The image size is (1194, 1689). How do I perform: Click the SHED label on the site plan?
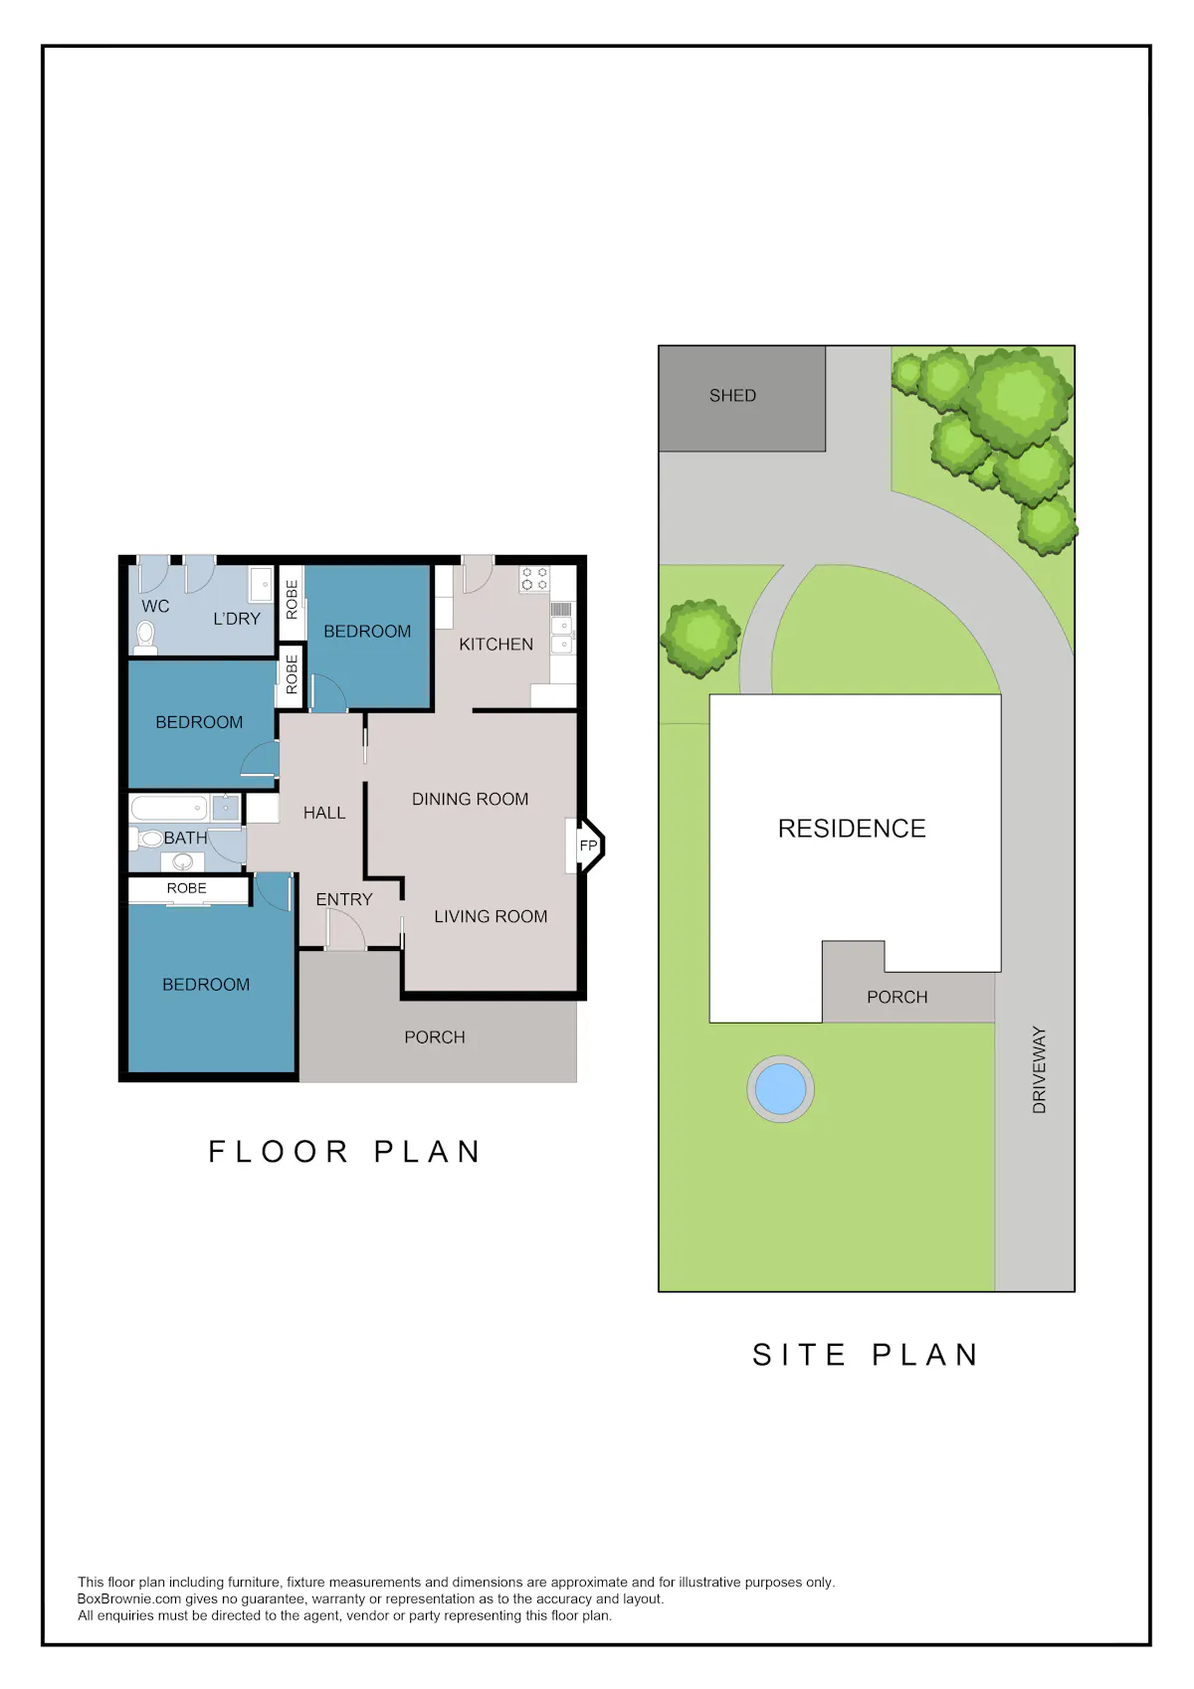click(x=731, y=395)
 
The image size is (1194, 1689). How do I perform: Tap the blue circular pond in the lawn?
click(x=780, y=1089)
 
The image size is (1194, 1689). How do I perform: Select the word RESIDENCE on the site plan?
click(x=852, y=828)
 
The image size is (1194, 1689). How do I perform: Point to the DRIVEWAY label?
click(x=1039, y=1069)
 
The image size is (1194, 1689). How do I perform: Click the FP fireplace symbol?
click(x=587, y=846)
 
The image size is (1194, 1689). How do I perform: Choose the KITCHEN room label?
click(x=496, y=644)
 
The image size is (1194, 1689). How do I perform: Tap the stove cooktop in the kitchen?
click(x=534, y=578)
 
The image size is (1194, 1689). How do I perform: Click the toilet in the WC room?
click(x=145, y=638)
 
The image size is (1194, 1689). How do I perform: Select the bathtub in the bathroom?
click(x=170, y=809)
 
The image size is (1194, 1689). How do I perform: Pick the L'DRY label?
click(x=236, y=619)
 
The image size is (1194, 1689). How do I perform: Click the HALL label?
click(x=324, y=812)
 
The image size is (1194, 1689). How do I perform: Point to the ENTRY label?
click(x=344, y=899)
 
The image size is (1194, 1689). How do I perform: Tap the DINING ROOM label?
click(x=470, y=799)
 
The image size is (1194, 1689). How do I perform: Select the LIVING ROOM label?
click(x=491, y=916)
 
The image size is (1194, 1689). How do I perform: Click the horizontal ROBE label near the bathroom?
click(x=186, y=888)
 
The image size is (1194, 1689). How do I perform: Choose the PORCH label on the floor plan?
click(x=435, y=1036)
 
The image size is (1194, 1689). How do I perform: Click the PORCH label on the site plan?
click(x=896, y=997)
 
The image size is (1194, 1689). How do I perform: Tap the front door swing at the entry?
click(x=345, y=929)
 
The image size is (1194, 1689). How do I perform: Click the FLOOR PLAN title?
click(x=344, y=1152)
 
